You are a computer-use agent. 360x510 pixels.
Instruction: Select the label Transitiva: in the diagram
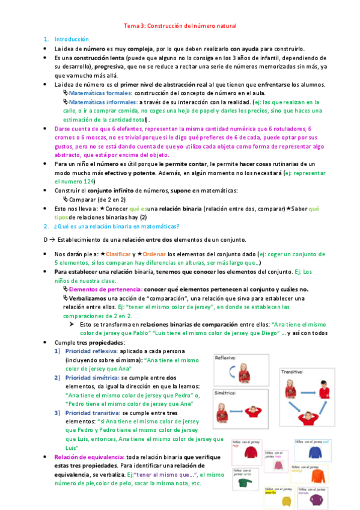(x=292, y=373)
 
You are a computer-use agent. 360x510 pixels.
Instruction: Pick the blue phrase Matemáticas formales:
(x=100, y=94)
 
